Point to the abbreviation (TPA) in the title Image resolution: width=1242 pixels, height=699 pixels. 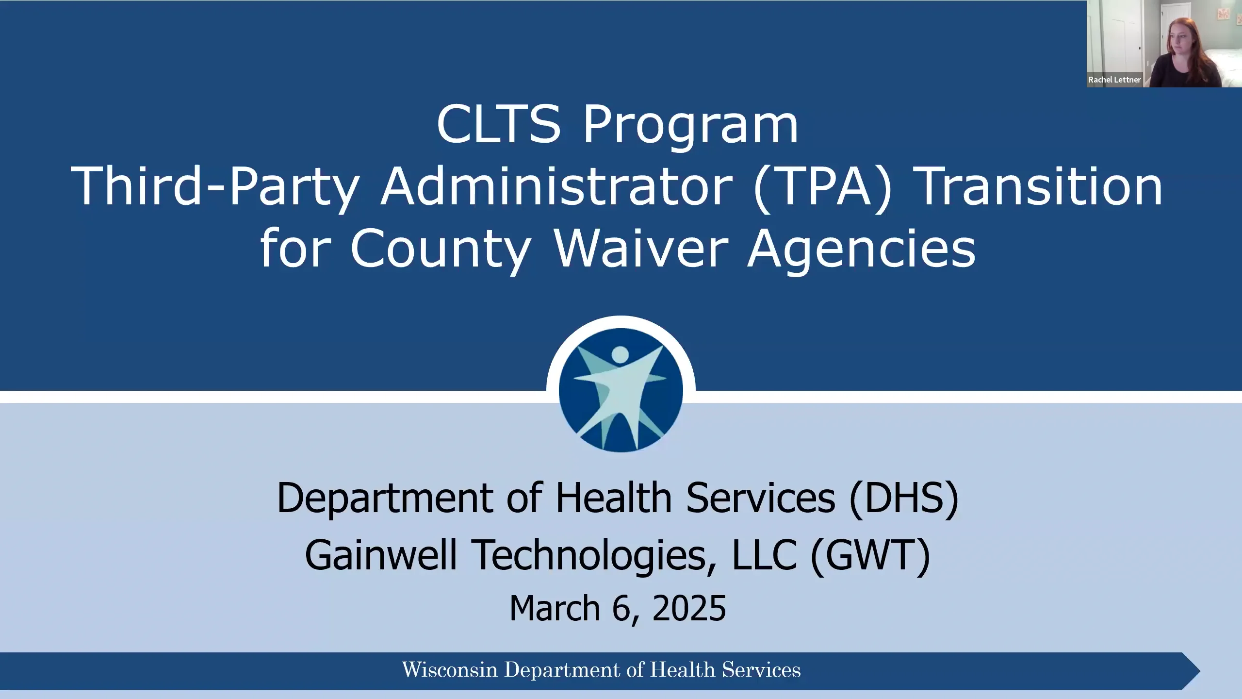pyautogui.click(x=823, y=187)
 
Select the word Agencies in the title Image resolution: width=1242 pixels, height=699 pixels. pyautogui.click(x=861, y=250)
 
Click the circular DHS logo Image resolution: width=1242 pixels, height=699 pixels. pyautogui.click(x=621, y=390)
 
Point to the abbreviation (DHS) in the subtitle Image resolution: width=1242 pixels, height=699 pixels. pyautogui.click(x=904, y=498)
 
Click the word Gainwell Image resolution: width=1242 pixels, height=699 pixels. pyautogui.click(x=381, y=555)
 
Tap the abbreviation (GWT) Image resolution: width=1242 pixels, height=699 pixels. pyautogui.click(x=870, y=555)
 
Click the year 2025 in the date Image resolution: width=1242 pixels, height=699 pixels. pyautogui.click(x=689, y=608)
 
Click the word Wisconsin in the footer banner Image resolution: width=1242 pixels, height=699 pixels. pyautogui.click(x=450, y=670)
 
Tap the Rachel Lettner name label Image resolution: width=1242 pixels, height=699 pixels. pyautogui.click(x=1114, y=80)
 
